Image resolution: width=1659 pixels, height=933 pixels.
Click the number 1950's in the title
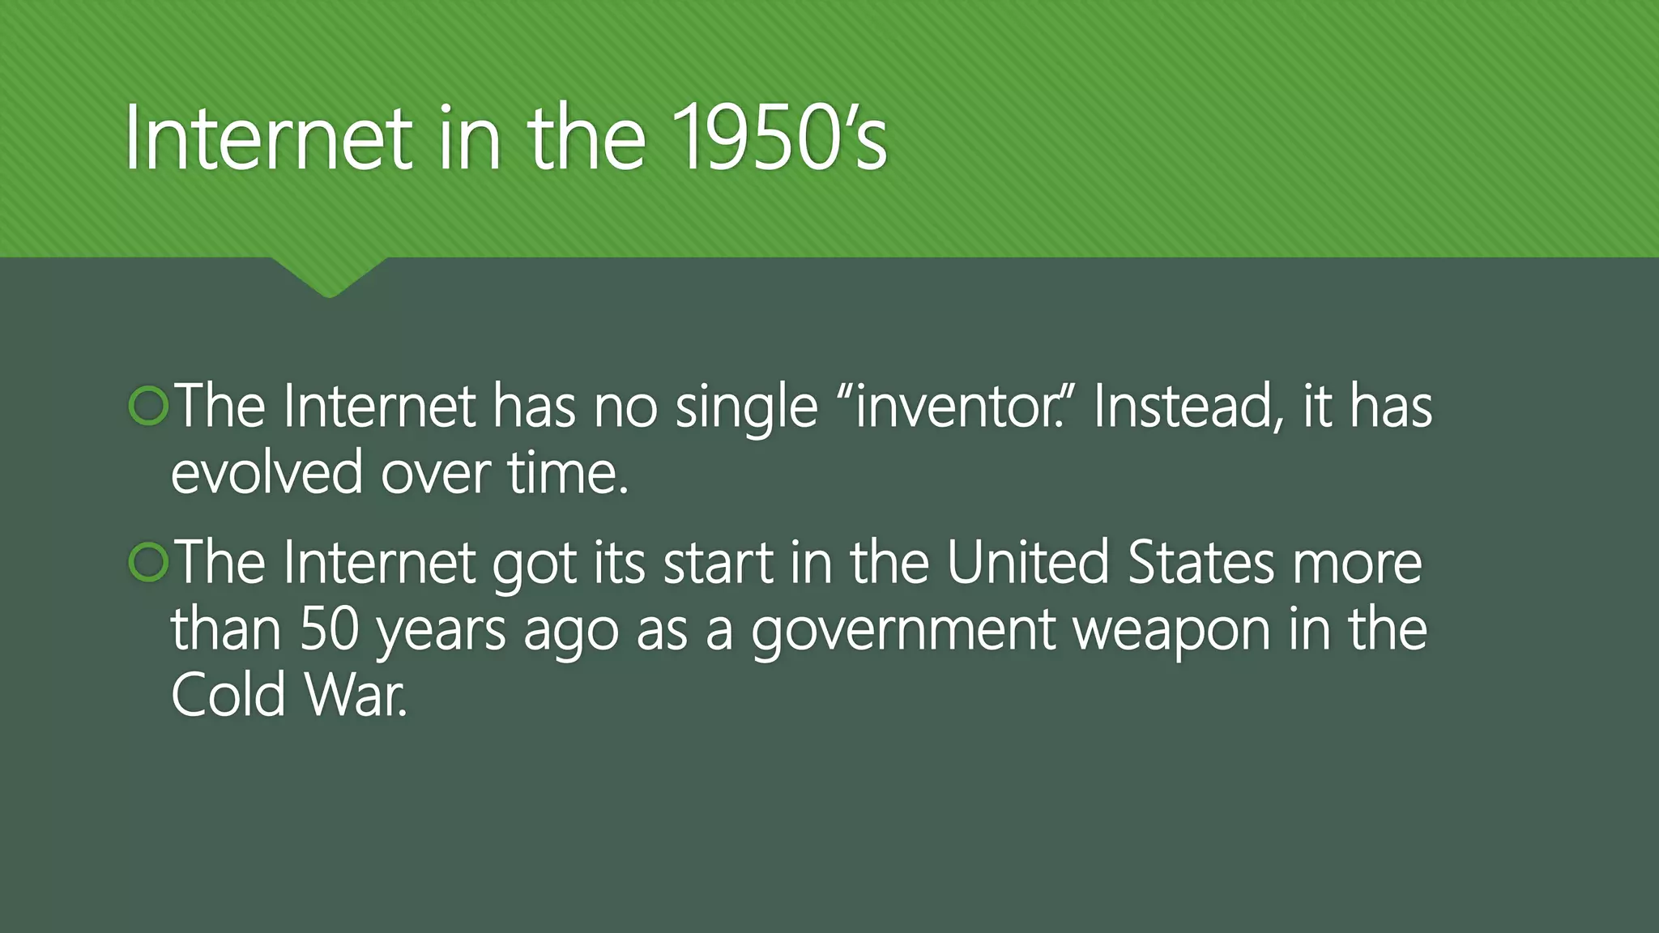[x=779, y=138]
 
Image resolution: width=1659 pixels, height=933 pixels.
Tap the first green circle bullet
[x=148, y=406]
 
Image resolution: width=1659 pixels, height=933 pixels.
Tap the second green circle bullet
[x=148, y=562]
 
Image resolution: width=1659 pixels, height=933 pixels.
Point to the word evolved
[x=267, y=473]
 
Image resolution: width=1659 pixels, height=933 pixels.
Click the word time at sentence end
[x=567, y=473]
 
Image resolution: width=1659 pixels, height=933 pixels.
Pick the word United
[x=1027, y=562]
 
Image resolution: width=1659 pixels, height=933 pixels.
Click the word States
[x=1201, y=562]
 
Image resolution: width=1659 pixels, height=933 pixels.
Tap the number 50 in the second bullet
[x=330, y=629]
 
